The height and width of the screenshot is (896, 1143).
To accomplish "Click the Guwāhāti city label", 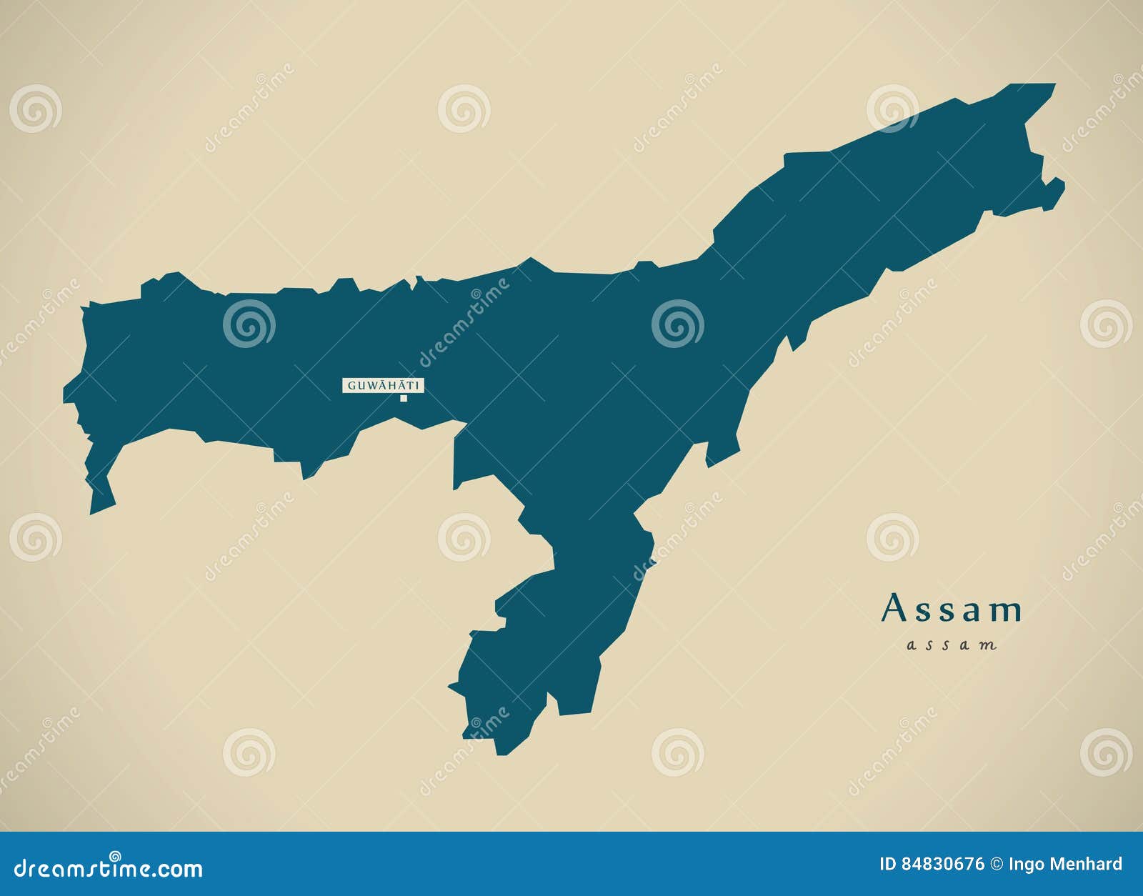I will (384, 386).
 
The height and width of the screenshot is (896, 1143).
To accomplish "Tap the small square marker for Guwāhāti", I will (404, 399).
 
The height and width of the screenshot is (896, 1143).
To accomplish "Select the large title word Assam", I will (952, 609).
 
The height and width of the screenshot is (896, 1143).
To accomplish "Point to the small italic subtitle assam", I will (951, 645).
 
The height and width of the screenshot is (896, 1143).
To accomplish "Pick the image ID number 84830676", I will (942, 865).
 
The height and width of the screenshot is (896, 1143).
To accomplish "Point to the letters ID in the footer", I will (888, 865).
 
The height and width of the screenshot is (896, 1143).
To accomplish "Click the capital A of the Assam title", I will (894, 609).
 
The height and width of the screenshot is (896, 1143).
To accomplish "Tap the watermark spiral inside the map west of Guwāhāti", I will (249, 324).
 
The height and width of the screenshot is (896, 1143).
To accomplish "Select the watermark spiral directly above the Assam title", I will (892, 537).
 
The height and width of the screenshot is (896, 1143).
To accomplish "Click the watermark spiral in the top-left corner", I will (35, 109).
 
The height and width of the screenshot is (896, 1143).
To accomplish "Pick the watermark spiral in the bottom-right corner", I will (1106, 752).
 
